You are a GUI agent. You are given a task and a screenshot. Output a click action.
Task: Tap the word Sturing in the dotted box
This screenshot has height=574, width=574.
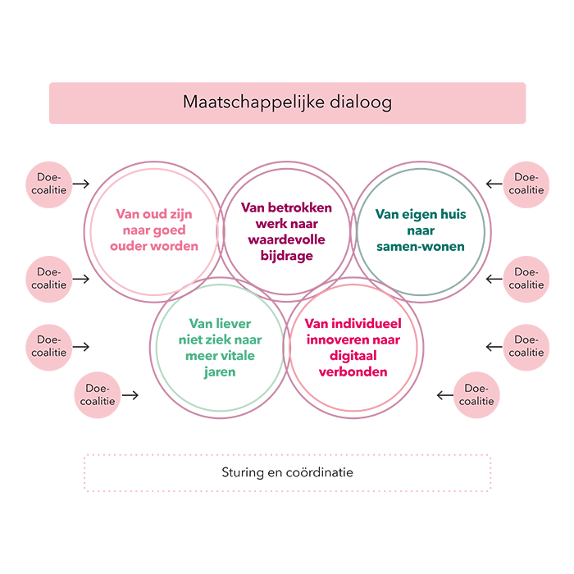243,473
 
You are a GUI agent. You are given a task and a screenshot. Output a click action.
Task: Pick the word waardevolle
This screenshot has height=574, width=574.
286,239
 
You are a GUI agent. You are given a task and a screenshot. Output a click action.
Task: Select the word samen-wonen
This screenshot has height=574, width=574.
420,246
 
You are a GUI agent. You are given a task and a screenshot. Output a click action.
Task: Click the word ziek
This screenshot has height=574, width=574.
215,339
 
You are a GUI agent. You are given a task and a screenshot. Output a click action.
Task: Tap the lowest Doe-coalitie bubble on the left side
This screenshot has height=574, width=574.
98,395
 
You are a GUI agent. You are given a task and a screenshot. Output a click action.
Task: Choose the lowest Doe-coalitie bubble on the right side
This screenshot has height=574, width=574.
476,395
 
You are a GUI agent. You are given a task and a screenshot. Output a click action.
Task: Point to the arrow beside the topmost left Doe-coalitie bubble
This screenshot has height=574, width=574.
80,184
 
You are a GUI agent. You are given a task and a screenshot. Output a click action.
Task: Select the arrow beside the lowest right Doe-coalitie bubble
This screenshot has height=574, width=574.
445,395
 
